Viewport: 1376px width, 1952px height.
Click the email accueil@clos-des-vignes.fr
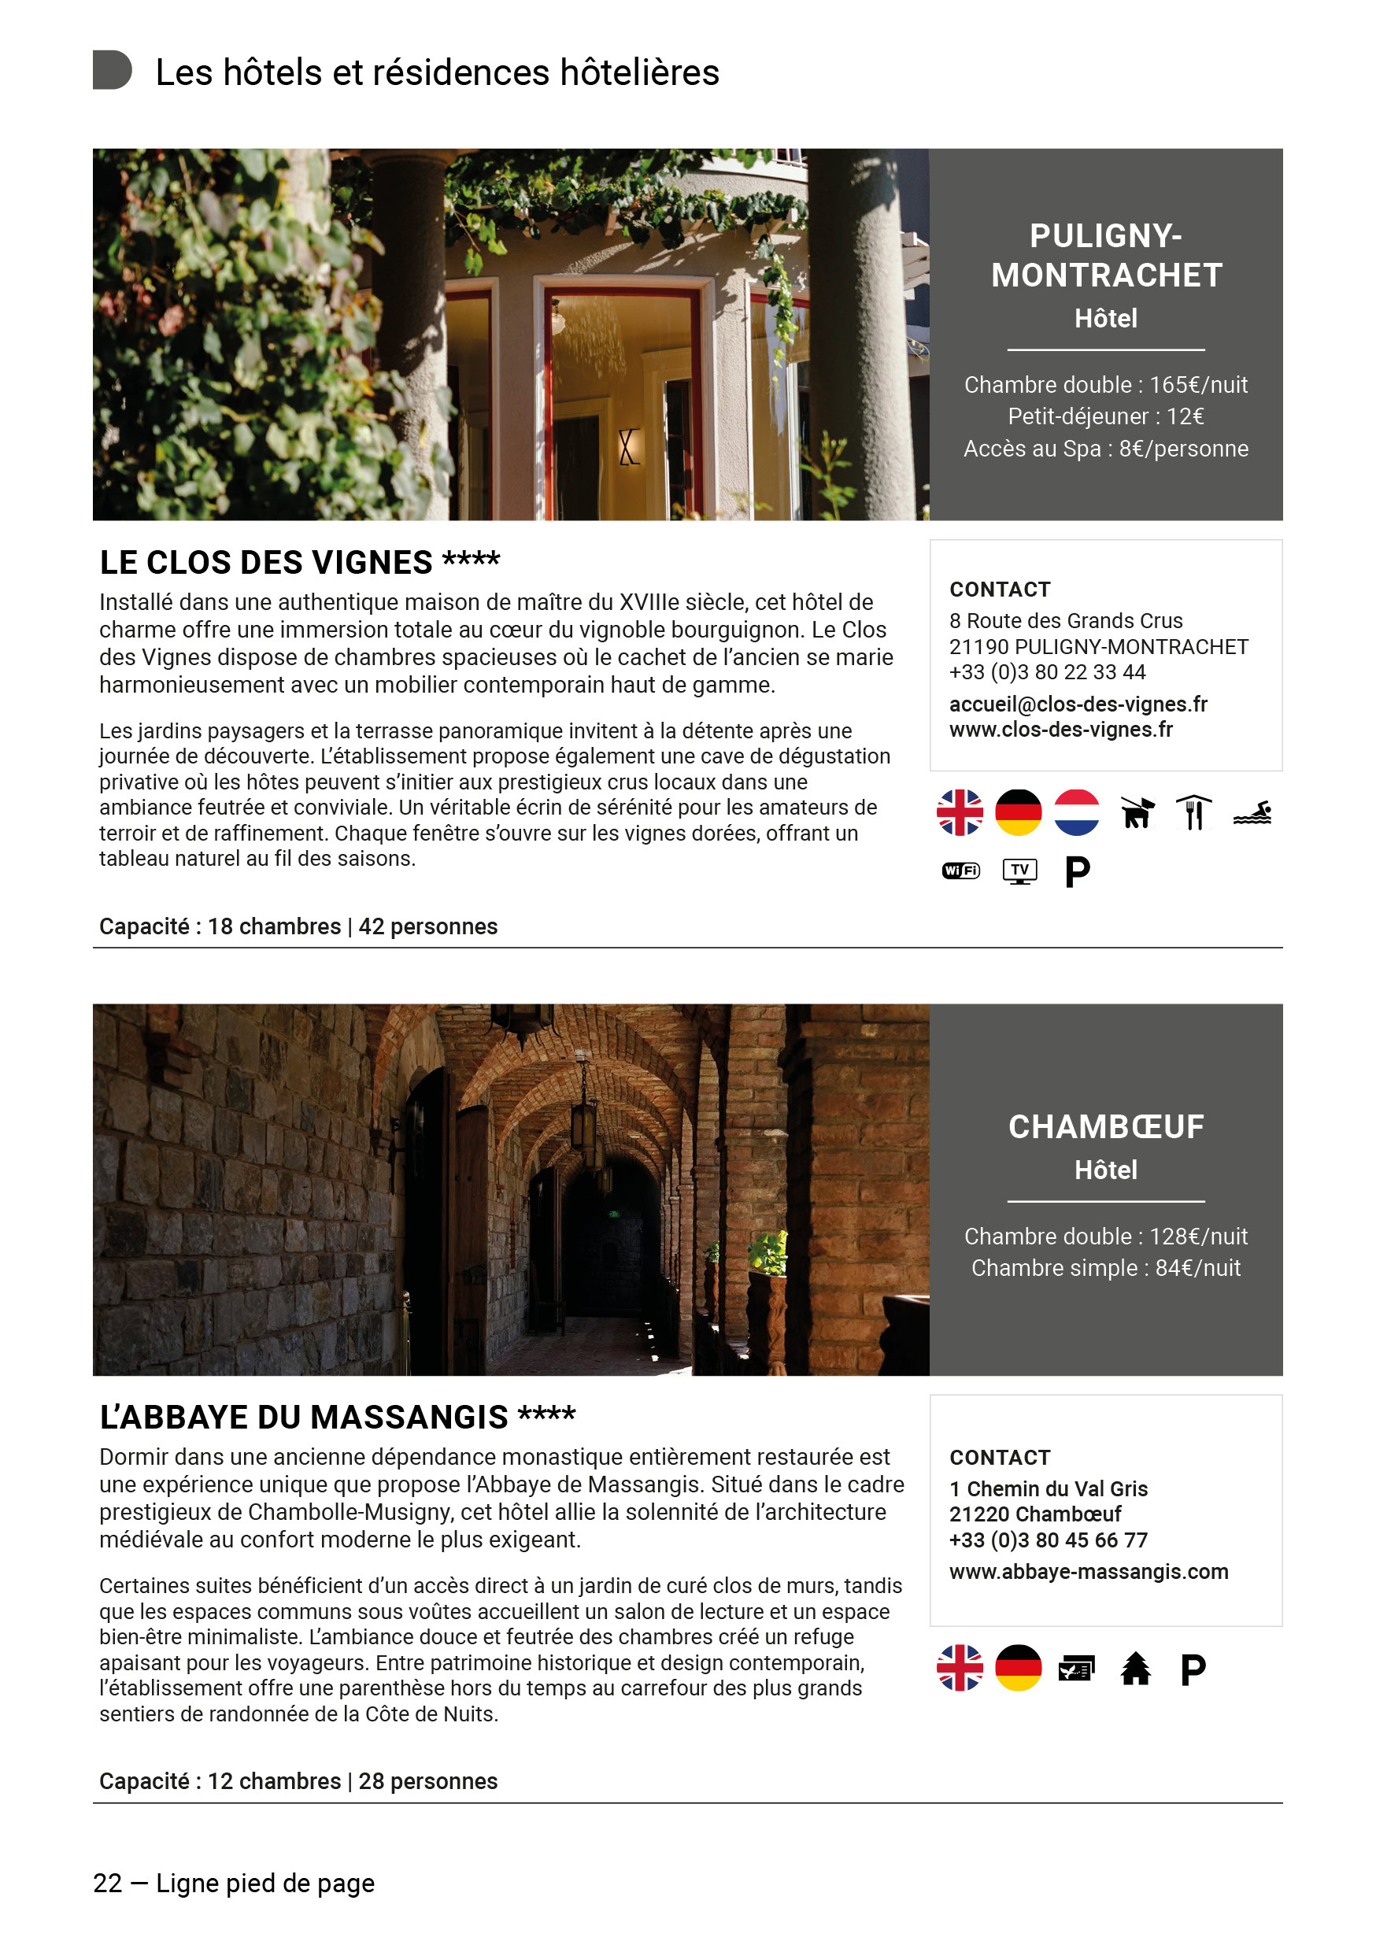(1078, 704)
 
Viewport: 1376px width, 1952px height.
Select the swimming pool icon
(1252, 814)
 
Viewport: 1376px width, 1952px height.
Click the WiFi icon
(960, 871)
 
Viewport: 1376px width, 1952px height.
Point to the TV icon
(1019, 871)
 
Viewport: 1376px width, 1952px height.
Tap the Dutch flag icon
(1076, 813)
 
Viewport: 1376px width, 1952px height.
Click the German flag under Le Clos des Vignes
(1018, 813)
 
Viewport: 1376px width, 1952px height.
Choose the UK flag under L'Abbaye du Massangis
(960, 1668)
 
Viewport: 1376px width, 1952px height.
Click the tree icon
(1134, 1668)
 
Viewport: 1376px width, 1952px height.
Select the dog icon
(1136, 813)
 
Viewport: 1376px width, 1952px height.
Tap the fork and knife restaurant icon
(1193, 813)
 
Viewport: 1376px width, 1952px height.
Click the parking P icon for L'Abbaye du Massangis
(1193, 1669)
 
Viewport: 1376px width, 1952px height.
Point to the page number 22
(107, 1884)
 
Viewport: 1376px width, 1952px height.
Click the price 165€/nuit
(1197, 385)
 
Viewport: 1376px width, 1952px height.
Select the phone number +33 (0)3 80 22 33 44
(1047, 671)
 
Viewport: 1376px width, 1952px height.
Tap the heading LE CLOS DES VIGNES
(266, 563)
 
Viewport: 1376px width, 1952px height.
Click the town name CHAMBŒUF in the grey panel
(1105, 1126)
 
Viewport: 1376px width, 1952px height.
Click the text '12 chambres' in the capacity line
(274, 1781)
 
